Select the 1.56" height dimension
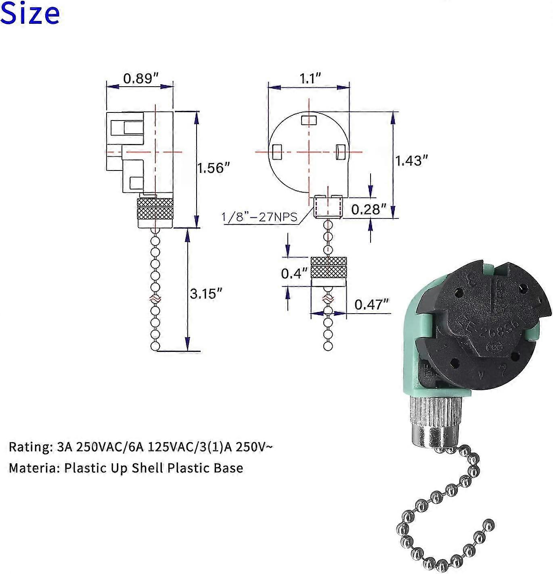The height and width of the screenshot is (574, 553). click(x=213, y=168)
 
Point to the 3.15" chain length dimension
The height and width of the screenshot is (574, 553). click(x=206, y=293)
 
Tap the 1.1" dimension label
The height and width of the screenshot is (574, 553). click(x=310, y=78)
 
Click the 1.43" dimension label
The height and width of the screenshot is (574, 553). click(x=411, y=161)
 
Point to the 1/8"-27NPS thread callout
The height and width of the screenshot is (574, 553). click(x=259, y=217)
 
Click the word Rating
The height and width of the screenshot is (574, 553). click(x=28, y=447)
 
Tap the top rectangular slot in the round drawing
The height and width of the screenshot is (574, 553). click(x=309, y=120)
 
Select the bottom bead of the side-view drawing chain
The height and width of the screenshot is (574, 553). click(x=155, y=346)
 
